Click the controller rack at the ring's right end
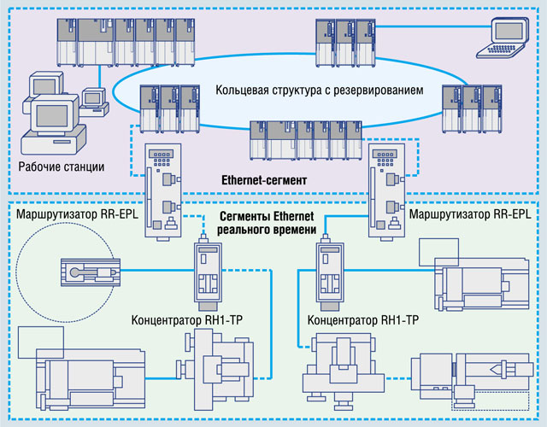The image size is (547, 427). click(x=469, y=107)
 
